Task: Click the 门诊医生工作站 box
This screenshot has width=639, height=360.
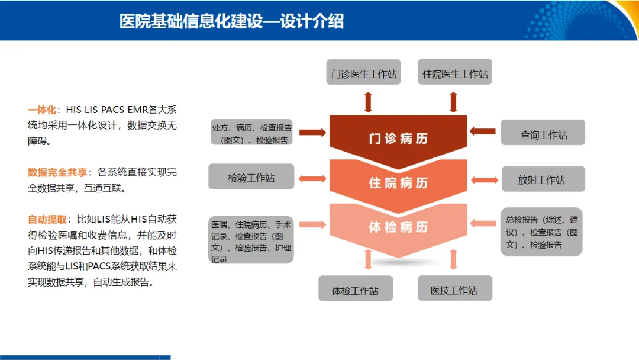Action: [364, 74]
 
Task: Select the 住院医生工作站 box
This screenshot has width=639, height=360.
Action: [455, 74]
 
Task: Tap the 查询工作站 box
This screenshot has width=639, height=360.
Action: [543, 134]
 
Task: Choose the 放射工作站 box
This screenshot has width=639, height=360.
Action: [543, 179]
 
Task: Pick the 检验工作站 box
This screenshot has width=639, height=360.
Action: [251, 177]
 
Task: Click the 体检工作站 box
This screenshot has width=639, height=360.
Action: [355, 290]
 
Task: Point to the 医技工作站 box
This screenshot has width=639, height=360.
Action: [454, 290]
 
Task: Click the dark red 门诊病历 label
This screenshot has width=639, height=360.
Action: [398, 139]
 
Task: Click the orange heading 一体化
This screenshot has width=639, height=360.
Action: [42, 110]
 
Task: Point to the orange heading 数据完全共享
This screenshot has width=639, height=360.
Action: [57, 172]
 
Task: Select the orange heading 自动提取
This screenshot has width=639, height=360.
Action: [47, 219]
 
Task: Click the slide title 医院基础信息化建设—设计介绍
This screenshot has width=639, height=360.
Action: [231, 21]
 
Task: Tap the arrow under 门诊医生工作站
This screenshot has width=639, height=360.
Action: [368, 102]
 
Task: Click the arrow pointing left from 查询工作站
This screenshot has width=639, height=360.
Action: [485, 131]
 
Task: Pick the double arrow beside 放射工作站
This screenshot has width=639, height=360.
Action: [485, 179]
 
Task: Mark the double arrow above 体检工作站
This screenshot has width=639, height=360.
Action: [368, 259]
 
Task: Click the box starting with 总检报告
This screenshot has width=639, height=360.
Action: [541, 231]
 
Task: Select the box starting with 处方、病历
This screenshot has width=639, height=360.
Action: [251, 134]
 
